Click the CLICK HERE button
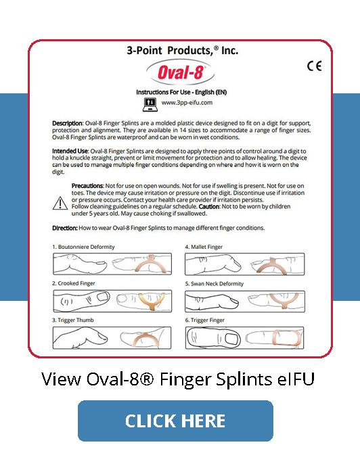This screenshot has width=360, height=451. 175,421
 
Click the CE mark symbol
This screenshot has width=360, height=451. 314,66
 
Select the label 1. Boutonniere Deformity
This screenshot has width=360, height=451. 85,247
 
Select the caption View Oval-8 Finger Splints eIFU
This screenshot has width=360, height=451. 178,379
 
